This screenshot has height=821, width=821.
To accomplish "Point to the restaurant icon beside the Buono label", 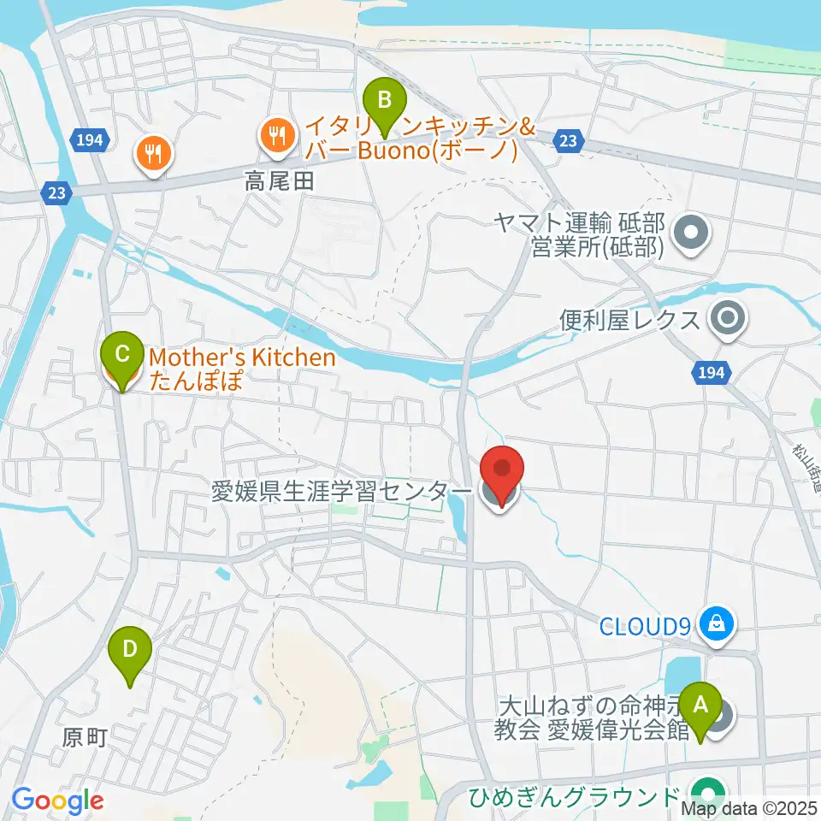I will tap(277, 134).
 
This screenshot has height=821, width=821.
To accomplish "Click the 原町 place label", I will tap(86, 737).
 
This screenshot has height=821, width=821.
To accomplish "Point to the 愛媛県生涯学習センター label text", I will tap(340, 492).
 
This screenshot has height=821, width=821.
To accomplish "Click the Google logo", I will tap(57, 800).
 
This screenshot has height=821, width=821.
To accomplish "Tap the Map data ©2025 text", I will tap(748, 806).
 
